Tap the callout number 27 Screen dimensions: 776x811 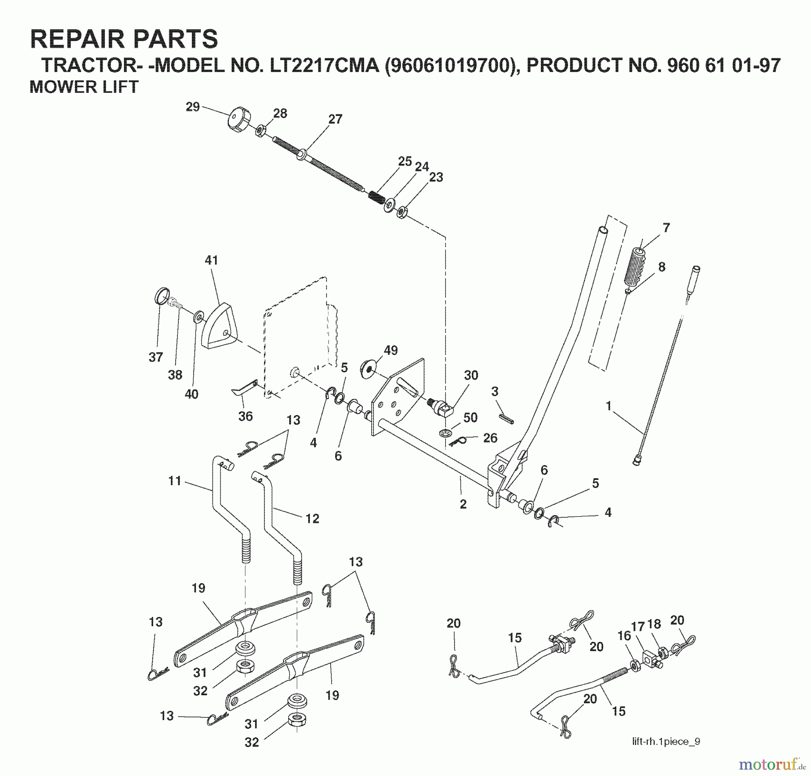[x=335, y=119]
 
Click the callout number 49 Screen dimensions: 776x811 [x=391, y=350]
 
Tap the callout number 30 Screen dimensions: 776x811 [x=471, y=375]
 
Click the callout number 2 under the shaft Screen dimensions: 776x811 [x=463, y=504]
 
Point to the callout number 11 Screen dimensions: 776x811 [x=175, y=481]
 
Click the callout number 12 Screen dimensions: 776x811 [x=312, y=518]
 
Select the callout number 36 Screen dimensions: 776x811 [x=245, y=416]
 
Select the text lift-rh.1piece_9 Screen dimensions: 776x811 [x=665, y=742]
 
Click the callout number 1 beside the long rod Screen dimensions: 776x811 [x=608, y=406]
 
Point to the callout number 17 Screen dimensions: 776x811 [x=638, y=626]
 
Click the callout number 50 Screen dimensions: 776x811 [x=470, y=417]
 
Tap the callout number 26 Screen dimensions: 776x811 [x=490, y=438]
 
